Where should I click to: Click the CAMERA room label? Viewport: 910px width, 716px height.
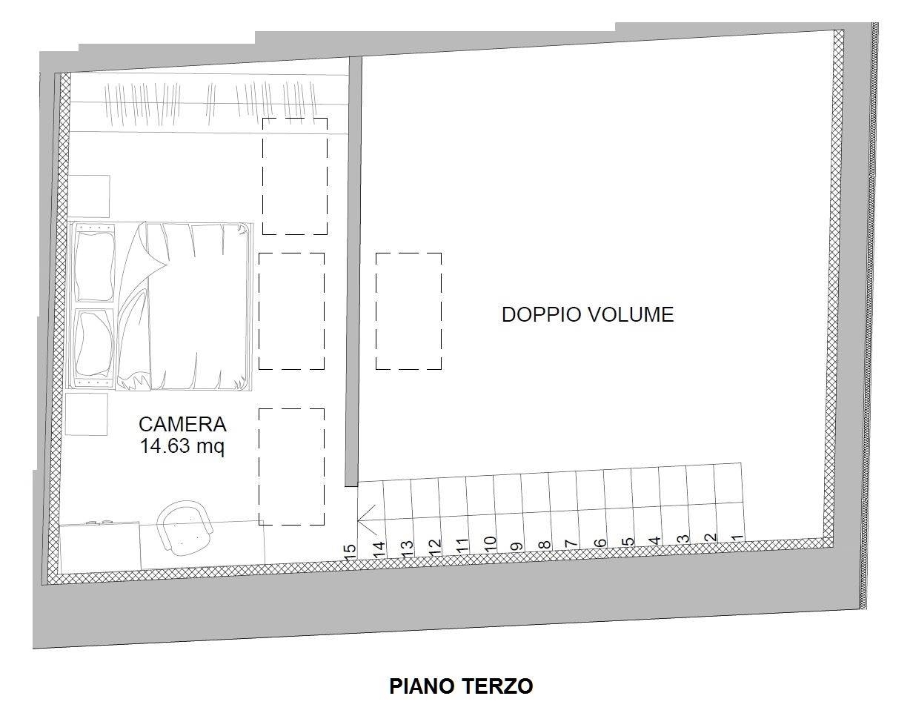coord(183,424)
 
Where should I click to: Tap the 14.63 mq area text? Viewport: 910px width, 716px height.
coord(182,446)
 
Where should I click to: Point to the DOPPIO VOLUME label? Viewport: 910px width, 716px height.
coord(588,315)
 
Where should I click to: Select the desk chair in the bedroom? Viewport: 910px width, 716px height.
coord(185,527)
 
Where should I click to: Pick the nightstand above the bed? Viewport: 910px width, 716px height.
coord(89,196)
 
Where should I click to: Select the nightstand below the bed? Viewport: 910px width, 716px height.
coord(86,414)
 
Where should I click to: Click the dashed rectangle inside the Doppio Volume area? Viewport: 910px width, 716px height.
coord(408,311)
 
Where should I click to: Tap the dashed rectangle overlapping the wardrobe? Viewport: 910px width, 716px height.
coord(295,176)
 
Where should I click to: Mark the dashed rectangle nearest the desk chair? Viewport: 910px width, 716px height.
coord(291,466)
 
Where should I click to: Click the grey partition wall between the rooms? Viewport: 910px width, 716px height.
coord(353,271)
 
